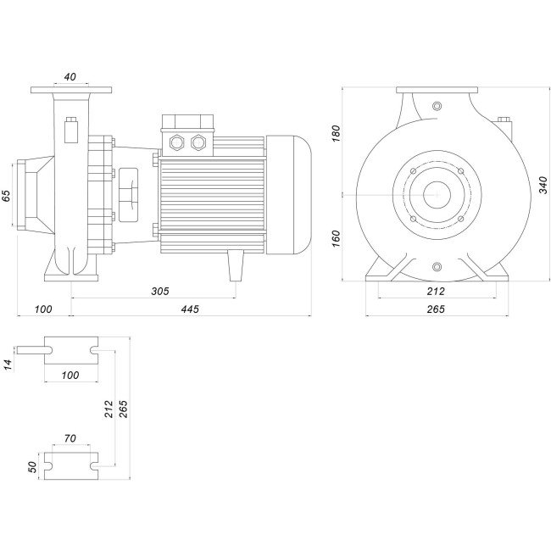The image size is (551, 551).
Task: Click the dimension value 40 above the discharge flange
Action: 70,76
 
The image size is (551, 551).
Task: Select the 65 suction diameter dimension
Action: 7,195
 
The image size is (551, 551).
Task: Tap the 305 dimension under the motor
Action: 159,291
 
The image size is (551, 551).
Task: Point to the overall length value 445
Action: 190,309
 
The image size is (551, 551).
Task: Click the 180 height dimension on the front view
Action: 336,133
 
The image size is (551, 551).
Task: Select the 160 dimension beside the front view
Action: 336,238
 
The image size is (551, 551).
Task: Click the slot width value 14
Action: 8,365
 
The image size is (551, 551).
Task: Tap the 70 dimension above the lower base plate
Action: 70,439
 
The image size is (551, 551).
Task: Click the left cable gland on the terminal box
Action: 179,141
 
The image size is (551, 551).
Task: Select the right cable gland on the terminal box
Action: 199,141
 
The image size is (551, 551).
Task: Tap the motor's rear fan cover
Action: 287,195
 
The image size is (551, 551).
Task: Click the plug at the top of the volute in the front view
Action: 437,106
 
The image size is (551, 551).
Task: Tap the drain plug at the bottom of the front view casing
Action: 437,268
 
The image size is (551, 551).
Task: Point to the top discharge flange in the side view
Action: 70,91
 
